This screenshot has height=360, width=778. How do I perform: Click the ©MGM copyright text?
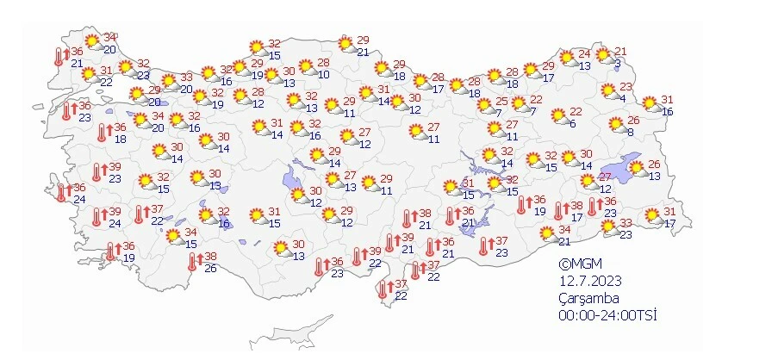[576, 265]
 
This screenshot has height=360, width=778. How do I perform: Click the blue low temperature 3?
[617, 63]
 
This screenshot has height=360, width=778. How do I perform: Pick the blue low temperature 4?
[621, 97]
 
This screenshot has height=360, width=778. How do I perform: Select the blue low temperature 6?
[571, 123]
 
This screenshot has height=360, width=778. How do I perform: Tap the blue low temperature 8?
[630, 131]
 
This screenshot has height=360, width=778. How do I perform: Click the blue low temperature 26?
[209, 268]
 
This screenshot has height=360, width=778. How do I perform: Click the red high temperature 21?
[620, 52]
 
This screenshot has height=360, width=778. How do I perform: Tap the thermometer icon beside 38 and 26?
[192, 260]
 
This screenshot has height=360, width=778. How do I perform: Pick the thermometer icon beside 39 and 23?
[97, 172]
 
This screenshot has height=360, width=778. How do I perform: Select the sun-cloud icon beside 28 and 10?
[305, 67]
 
